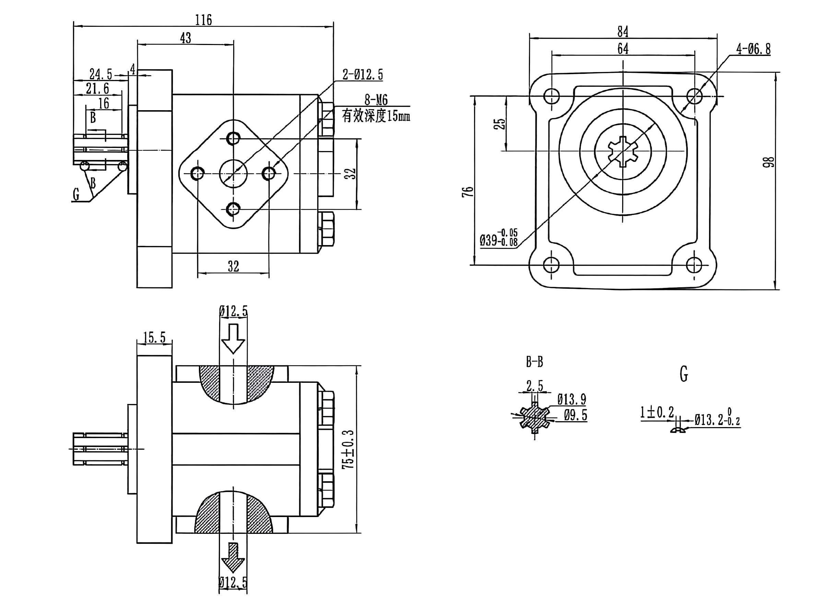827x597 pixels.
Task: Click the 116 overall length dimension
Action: pyautogui.click(x=203, y=20)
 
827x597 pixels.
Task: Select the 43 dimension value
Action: pyautogui.click(x=185, y=37)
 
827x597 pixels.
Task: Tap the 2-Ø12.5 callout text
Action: pyautogui.click(x=363, y=74)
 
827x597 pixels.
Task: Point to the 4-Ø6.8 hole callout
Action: pyautogui.click(x=753, y=49)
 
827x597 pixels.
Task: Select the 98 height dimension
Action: pyautogui.click(x=768, y=162)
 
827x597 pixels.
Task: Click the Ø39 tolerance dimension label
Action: pyautogui.click(x=499, y=238)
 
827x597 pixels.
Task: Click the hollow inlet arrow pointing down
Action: pyautogui.click(x=233, y=338)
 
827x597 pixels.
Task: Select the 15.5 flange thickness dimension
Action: pyautogui.click(x=154, y=337)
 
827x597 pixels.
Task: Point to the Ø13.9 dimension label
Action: pyautogui.click(x=571, y=400)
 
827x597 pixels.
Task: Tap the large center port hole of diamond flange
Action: pyautogui.click(x=233, y=173)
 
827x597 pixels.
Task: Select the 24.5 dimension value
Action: pyautogui.click(x=101, y=74)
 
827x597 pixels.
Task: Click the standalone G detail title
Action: pyautogui.click(x=684, y=374)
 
